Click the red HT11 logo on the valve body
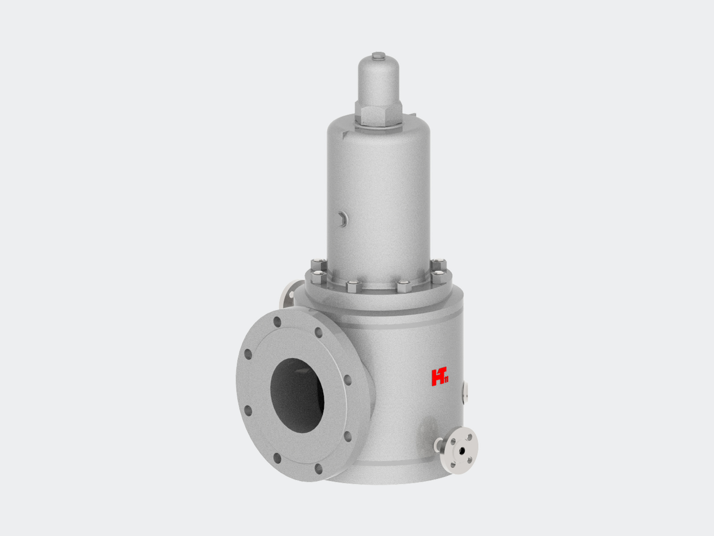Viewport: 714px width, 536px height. [x=440, y=376]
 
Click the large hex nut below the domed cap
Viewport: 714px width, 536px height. [x=379, y=116]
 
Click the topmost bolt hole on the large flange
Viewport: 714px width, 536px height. [x=277, y=322]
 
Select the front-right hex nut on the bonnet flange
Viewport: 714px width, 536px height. [x=404, y=286]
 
